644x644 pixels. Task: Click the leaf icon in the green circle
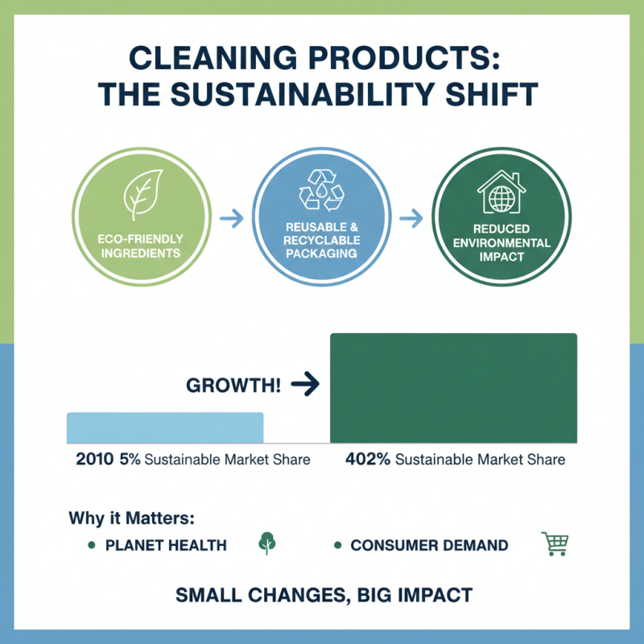[x=142, y=195]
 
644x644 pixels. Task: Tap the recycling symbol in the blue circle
[x=321, y=190]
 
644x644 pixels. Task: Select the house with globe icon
[x=502, y=192]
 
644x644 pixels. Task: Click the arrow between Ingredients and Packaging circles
[x=232, y=218]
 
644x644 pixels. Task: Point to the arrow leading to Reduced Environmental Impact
[x=411, y=218]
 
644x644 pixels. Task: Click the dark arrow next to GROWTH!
[x=305, y=384]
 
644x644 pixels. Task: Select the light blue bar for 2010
[x=165, y=427]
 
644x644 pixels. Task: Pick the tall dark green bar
[x=453, y=388]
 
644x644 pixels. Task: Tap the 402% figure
[x=368, y=459]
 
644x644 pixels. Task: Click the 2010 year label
[x=94, y=459]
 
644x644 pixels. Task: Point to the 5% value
[x=130, y=459]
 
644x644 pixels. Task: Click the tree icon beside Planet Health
[x=267, y=543]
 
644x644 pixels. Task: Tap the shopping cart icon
[x=555, y=544]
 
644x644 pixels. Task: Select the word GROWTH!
[x=233, y=386]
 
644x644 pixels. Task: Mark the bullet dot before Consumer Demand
[x=337, y=546]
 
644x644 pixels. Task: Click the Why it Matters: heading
[x=131, y=518]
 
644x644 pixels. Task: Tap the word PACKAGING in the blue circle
[x=321, y=254]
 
